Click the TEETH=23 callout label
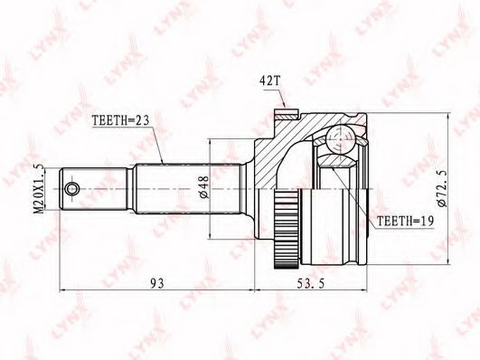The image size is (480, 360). [x=120, y=120]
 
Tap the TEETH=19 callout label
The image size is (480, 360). [x=406, y=221]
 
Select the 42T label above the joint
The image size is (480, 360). [x=269, y=81]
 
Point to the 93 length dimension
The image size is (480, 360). [x=157, y=283]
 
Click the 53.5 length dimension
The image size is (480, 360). [x=311, y=283]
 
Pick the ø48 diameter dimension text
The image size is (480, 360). [x=204, y=187]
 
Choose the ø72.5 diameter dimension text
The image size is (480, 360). [x=443, y=188]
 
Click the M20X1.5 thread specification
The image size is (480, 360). [x=39, y=189]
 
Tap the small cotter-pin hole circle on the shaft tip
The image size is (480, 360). [x=72, y=188]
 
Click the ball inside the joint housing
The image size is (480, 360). [x=340, y=139]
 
